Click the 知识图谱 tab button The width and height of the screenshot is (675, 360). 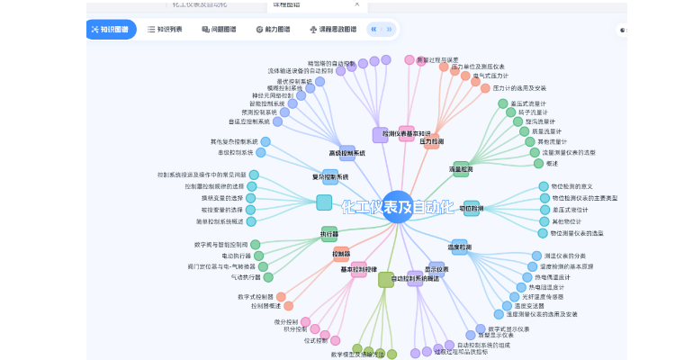pos(112,30)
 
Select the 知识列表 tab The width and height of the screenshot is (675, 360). pos(165,30)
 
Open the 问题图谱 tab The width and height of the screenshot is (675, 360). pos(220,30)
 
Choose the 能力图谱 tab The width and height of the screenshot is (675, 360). pos(273,30)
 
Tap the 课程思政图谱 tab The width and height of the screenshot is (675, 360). pos(333,30)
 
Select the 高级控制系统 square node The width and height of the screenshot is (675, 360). pos(347,152)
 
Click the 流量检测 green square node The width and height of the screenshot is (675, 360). pos(461,168)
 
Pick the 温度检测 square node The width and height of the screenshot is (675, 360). pos(461,246)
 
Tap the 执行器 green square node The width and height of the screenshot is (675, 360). pos(329,234)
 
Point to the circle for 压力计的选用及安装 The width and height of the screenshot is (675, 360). pos(485,88)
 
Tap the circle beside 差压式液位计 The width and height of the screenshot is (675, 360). pos(544,210)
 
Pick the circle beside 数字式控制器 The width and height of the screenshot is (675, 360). pos(281,297)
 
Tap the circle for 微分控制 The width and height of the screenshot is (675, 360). pos(305,321)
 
